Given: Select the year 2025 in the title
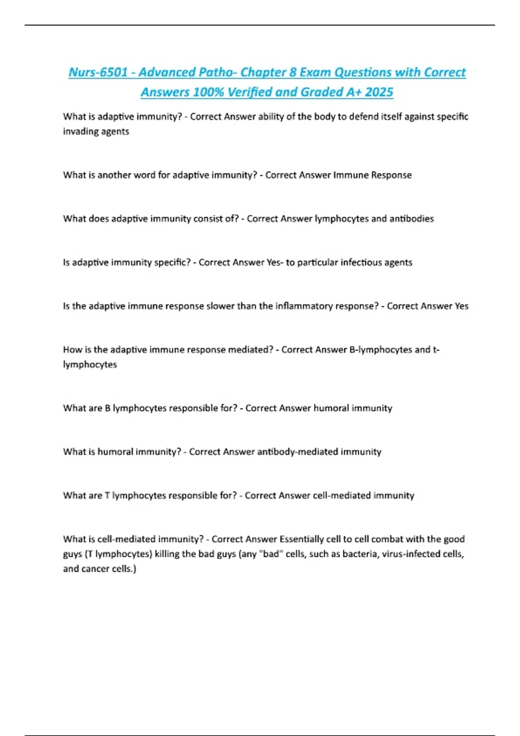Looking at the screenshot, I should [x=379, y=92].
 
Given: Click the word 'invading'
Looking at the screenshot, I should [x=78, y=131].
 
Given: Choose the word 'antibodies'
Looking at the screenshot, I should [x=411, y=219].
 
